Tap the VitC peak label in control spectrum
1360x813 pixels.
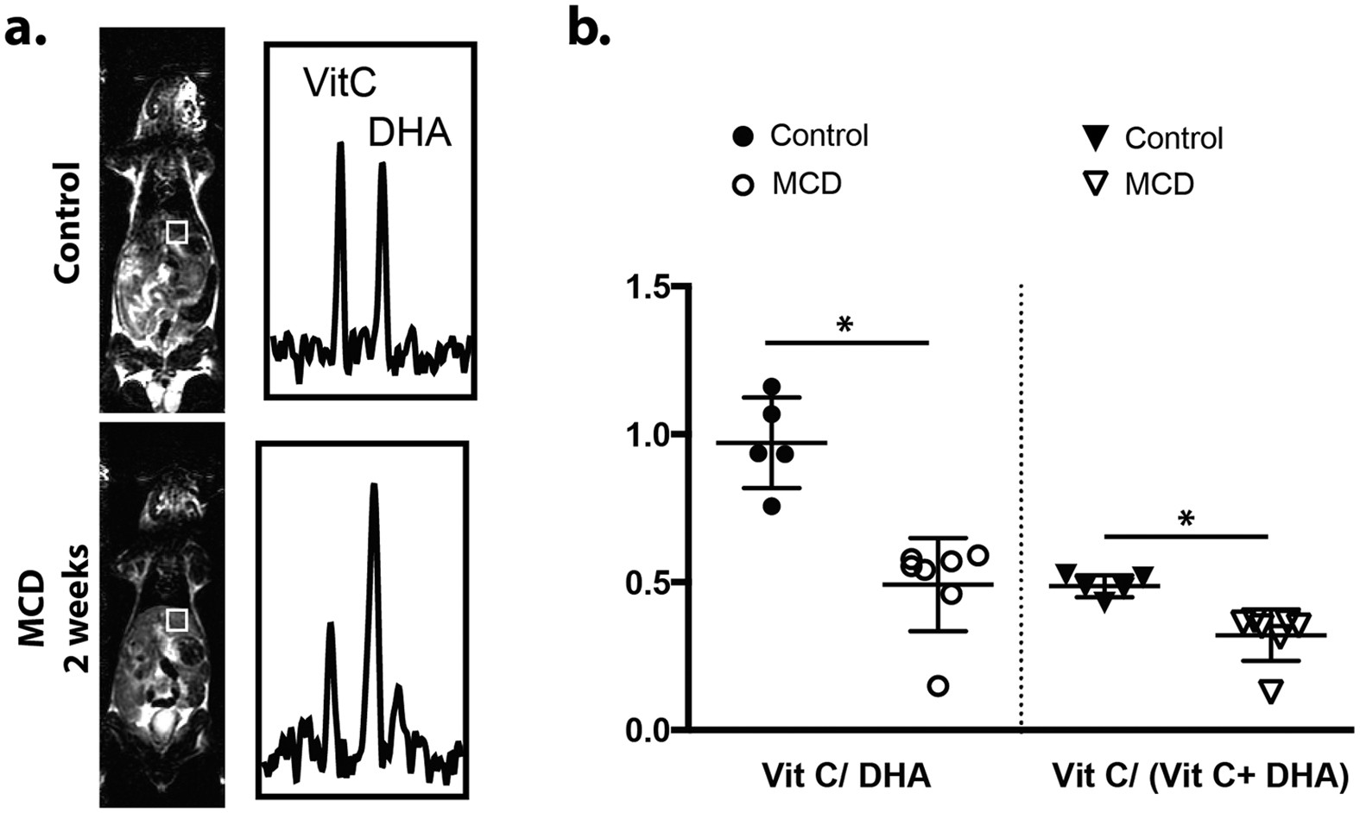click(339, 84)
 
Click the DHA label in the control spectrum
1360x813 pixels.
click(409, 134)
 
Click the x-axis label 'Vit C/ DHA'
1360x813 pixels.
click(845, 776)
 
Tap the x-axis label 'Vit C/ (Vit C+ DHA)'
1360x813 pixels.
click(1200, 776)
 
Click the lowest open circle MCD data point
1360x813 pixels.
click(939, 686)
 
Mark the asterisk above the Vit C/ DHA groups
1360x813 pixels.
click(845, 325)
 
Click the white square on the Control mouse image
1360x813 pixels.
click(176, 232)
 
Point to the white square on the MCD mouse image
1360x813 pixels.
click(176, 620)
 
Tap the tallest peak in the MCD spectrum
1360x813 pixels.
click(374, 488)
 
